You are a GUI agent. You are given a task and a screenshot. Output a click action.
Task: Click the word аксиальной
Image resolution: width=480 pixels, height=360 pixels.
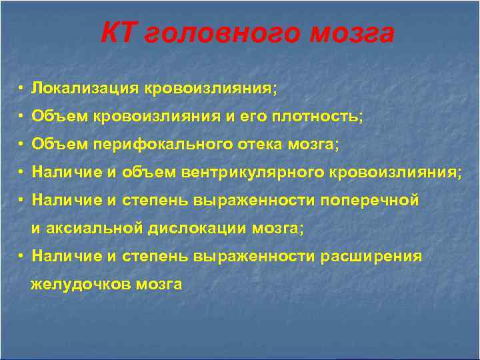tap(96, 229)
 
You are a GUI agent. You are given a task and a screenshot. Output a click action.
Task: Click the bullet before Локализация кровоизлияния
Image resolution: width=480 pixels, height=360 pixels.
tap(22, 89)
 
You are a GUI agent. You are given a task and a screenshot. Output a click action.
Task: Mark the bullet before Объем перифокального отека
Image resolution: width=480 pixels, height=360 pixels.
tap(22, 145)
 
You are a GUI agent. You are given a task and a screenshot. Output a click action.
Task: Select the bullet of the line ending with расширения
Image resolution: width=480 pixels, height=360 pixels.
tap(22, 257)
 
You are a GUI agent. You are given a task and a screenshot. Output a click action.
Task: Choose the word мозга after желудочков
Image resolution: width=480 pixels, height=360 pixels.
tap(159, 285)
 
